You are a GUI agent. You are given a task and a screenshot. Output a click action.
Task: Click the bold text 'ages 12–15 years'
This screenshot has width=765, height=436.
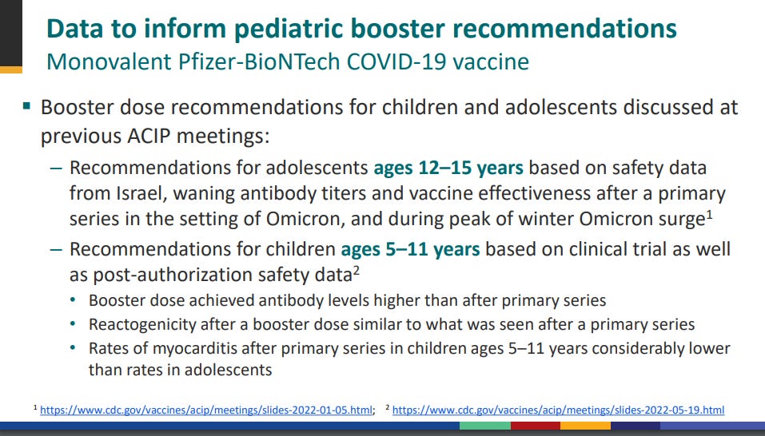[448, 168]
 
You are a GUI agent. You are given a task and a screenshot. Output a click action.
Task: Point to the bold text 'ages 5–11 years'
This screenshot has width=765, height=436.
[410, 249]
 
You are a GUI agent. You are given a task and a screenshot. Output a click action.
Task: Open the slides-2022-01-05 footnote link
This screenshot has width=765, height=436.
[207, 410]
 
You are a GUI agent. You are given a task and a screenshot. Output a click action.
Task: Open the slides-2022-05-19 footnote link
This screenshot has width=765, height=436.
[558, 410]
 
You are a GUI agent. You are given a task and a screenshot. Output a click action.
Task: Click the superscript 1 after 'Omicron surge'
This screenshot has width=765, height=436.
[709, 215]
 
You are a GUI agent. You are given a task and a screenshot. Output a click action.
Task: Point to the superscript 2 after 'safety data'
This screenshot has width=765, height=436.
[357, 271]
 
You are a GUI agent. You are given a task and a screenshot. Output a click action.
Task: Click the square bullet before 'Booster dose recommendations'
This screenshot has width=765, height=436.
[26, 105]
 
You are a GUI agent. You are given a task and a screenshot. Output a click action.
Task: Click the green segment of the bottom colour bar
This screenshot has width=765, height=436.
[484, 426]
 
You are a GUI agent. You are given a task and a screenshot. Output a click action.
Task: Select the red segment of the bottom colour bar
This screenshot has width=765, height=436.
[536, 426]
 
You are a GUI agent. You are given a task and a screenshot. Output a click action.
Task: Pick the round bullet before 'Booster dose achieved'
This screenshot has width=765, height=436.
[74, 299]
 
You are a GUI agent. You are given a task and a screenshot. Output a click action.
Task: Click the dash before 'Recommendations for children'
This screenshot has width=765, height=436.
[57, 249]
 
